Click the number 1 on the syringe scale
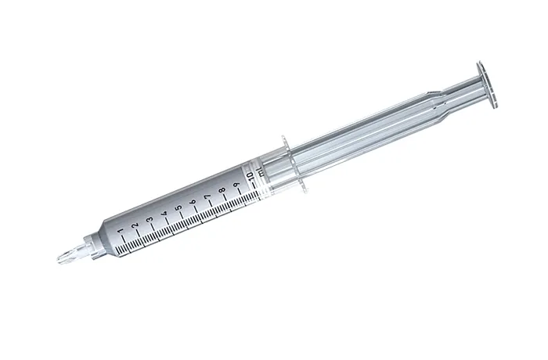(x=121, y=231)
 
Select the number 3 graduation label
(x=150, y=219)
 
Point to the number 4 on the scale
(x=164, y=213)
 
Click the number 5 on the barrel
(x=179, y=207)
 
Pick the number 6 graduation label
(x=193, y=202)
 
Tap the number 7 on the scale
(x=208, y=196)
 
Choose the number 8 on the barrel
(x=222, y=190)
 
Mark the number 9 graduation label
(x=236, y=185)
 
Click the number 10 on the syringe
(x=251, y=176)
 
